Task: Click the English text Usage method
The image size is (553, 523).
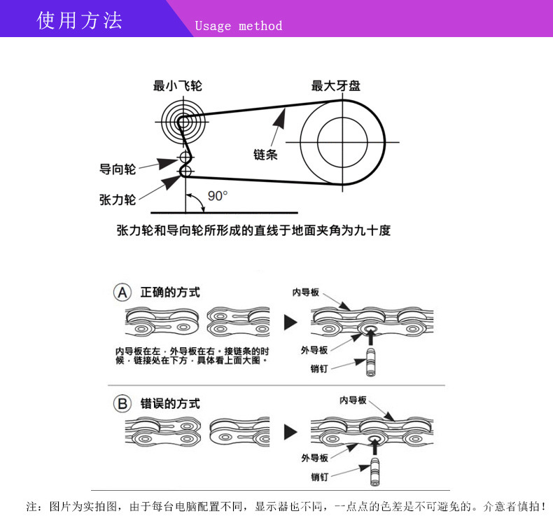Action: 238,26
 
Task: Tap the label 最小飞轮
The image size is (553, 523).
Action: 178,86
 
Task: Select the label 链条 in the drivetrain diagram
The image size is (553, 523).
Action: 265,154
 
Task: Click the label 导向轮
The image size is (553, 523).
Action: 118,169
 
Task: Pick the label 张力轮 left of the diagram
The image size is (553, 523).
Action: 118,200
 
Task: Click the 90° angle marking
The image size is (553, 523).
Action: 218,195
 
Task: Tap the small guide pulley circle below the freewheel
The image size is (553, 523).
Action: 185,156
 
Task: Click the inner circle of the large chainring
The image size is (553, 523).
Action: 343,143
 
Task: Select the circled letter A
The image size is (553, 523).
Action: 122,292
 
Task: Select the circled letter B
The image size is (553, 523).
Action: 122,403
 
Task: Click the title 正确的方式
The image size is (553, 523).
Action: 170,292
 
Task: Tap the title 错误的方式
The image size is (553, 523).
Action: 170,404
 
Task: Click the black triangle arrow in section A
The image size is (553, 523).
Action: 290,323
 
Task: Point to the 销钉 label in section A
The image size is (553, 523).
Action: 320,368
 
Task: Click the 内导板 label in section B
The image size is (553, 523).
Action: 353,400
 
